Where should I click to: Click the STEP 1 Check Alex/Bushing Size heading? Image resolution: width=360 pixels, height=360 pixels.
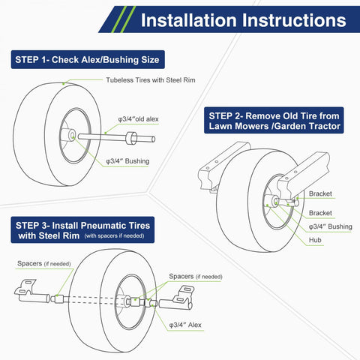point(86,60)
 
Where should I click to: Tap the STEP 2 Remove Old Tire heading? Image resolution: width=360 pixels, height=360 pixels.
point(274,121)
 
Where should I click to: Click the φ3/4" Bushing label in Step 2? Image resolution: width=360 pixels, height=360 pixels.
point(330,226)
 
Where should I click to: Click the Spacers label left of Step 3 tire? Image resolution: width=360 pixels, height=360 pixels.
point(41,264)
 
